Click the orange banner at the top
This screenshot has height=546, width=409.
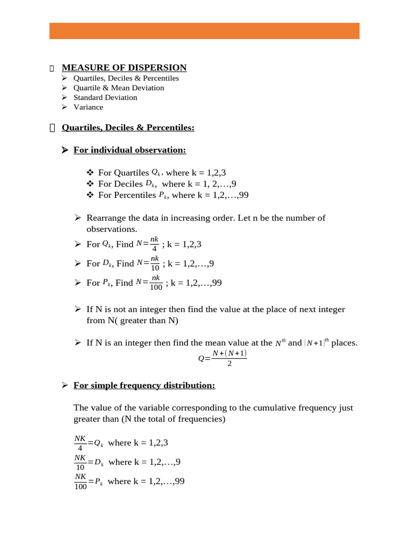(x=204, y=31)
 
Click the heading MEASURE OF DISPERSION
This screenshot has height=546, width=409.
(x=124, y=68)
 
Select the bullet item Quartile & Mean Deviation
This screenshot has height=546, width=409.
(x=119, y=88)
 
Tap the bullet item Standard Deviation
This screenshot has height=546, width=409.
(x=105, y=98)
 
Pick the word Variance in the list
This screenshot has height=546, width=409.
(x=88, y=107)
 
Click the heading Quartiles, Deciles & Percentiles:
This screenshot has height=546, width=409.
(x=128, y=128)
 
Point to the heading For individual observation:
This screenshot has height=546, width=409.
(x=129, y=150)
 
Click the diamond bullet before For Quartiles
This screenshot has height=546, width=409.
(x=89, y=173)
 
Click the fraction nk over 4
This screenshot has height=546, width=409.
(x=154, y=244)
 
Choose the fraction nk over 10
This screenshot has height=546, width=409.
(x=155, y=263)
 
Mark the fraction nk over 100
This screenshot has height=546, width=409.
(x=156, y=282)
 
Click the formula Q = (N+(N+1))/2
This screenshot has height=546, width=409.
(x=223, y=358)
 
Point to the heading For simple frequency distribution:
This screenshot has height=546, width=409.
(x=144, y=386)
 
